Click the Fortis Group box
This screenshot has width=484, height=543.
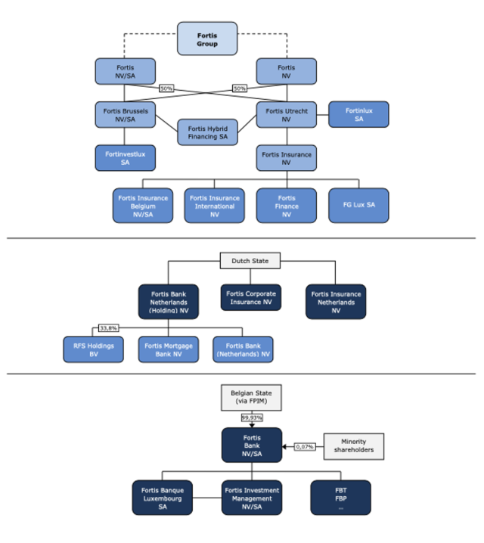(x=206, y=39)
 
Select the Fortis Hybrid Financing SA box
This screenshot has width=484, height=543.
(x=206, y=133)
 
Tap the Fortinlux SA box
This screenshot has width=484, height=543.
(x=358, y=114)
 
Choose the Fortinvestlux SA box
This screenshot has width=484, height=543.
(x=126, y=158)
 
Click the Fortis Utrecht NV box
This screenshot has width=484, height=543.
(x=287, y=115)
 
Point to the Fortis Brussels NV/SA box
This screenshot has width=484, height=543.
(x=126, y=115)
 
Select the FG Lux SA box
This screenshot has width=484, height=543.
(x=358, y=206)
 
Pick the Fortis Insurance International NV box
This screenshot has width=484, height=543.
(x=214, y=206)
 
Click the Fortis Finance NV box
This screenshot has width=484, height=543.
(x=287, y=206)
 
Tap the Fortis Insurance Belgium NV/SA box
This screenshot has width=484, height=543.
(x=143, y=206)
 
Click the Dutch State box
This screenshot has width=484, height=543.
(x=250, y=262)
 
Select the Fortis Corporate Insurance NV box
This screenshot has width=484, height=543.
(x=250, y=297)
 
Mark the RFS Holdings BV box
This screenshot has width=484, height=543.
(x=93, y=349)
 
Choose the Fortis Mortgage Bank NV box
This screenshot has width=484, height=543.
(x=168, y=349)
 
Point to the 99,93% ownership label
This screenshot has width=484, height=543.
(x=251, y=417)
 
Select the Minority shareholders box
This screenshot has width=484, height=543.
(x=353, y=446)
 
